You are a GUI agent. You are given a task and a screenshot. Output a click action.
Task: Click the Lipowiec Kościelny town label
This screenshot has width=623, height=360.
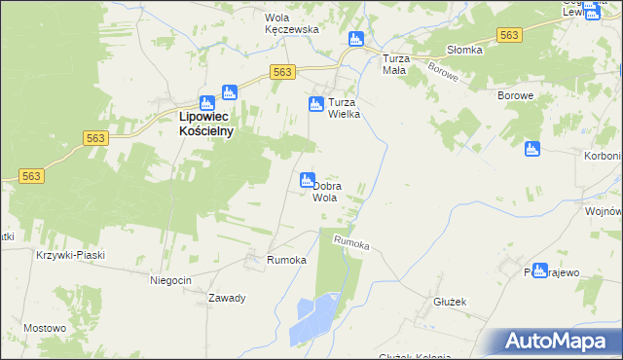click(206, 124)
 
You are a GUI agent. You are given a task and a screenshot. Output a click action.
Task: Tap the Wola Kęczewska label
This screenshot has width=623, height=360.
click(292, 23)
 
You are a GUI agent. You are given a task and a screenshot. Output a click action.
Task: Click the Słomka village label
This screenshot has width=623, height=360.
click(464, 50)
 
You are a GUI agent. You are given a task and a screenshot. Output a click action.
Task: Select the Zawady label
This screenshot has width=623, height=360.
click(225, 298)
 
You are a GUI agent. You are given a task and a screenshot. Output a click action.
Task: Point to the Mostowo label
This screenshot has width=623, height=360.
click(45, 328)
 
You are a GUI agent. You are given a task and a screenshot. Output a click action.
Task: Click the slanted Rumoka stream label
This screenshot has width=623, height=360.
click(351, 243)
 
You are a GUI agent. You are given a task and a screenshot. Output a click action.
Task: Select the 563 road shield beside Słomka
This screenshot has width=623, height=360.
click(507, 35)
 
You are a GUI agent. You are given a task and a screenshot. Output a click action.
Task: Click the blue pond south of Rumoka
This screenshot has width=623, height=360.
click(313, 317)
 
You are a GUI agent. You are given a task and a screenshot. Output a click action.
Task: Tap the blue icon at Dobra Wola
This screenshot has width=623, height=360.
click(307, 180)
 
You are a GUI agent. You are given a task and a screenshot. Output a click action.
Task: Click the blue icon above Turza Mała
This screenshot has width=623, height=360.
click(355, 39)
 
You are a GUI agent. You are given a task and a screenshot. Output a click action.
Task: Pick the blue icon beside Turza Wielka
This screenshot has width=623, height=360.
click(315, 104)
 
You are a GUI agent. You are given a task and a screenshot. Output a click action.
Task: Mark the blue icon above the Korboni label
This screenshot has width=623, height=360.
click(531, 149)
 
